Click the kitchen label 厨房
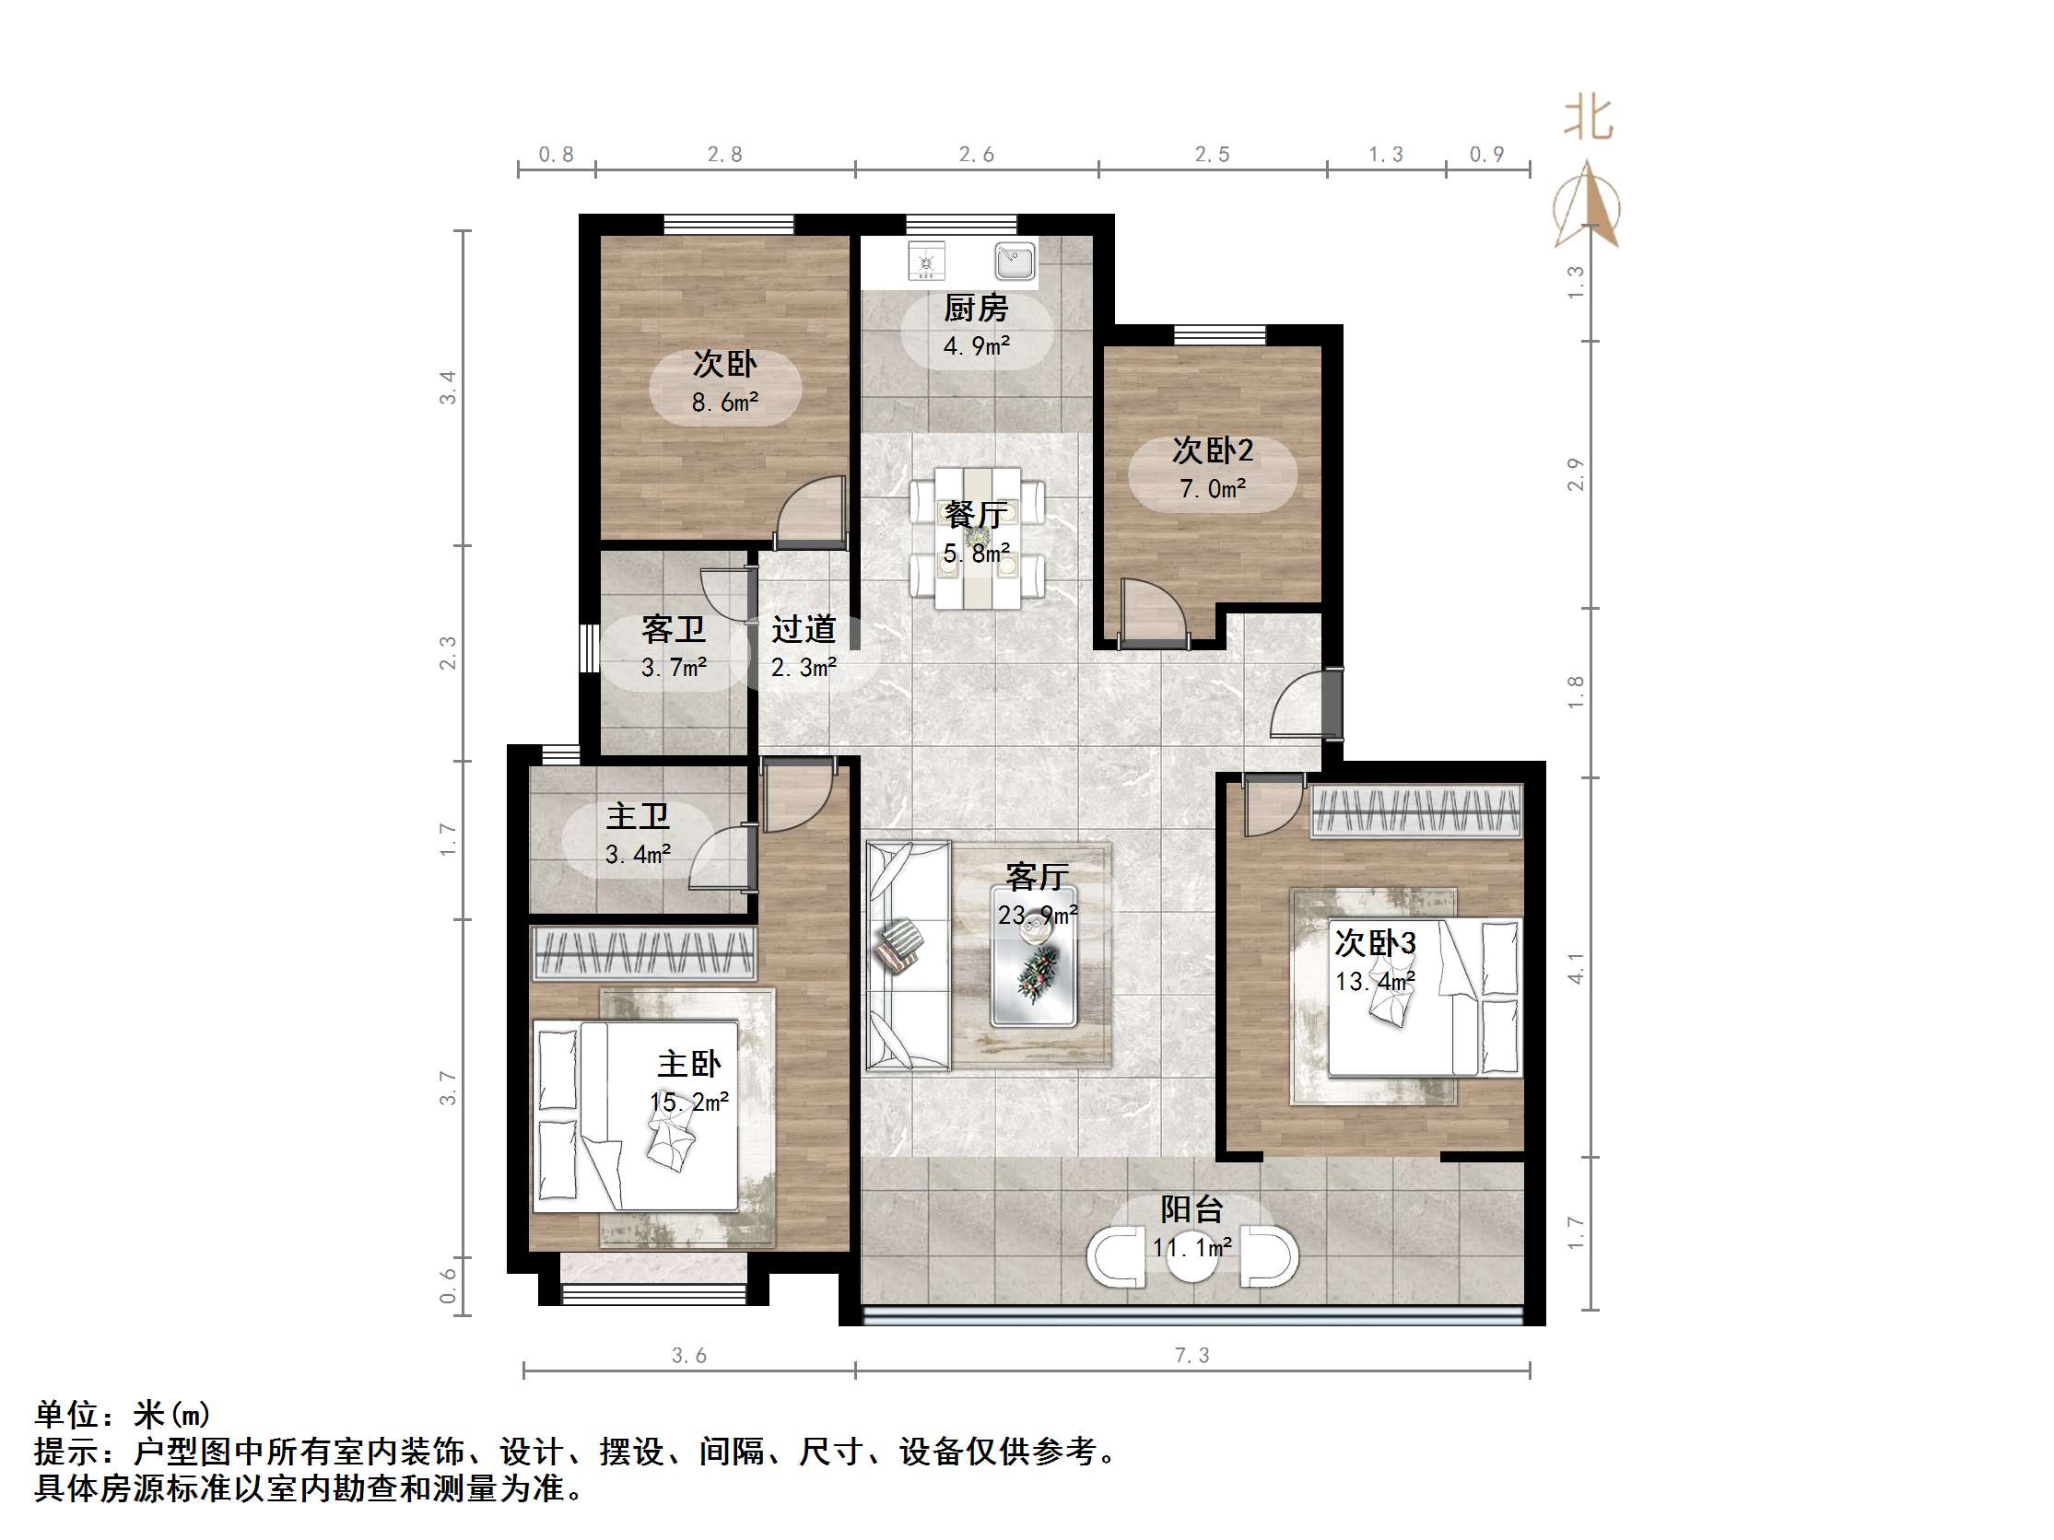tap(976, 308)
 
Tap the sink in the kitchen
tap(1014, 261)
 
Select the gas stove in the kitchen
tap(926, 261)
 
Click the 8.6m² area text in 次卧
tap(724, 402)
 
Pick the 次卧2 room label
tap(1212, 451)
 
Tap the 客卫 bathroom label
tap(674, 630)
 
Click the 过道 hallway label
tap(804, 630)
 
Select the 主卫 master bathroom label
tap(637, 817)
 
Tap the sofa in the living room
tap(908, 956)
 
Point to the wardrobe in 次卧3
tap(1416, 811)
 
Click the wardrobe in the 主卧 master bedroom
tap(643, 952)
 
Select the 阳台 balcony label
tap(1191, 1209)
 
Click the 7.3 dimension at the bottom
tap(1191, 1356)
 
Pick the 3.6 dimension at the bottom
tap(689, 1356)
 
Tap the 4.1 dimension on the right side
tap(1576, 968)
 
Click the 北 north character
tap(1589, 120)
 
